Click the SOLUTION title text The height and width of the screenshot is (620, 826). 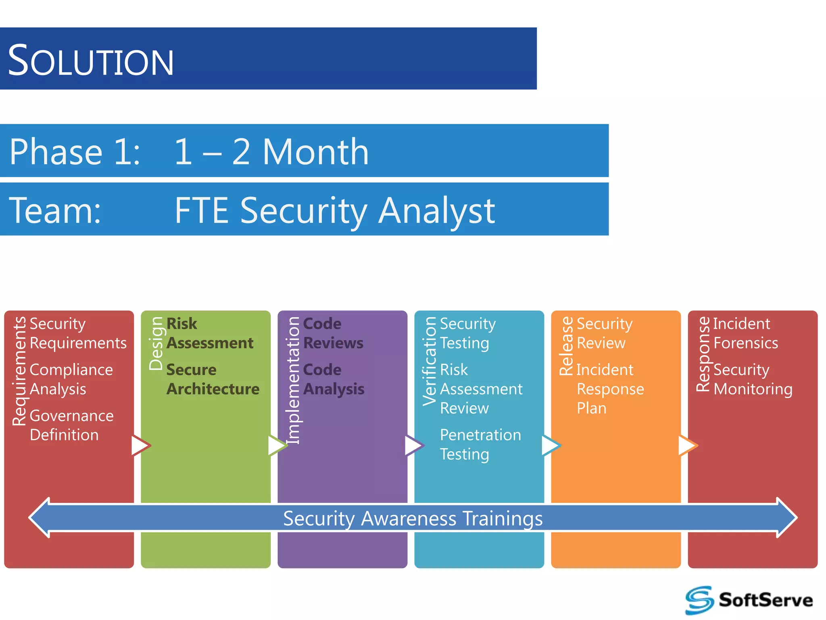tap(91, 61)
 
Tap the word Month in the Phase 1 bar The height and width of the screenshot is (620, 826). tap(315, 152)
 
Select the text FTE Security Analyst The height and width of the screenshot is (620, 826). tap(335, 210)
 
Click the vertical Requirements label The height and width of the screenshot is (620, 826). tap(19, 371)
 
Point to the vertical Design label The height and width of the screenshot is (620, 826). tap(156, 344)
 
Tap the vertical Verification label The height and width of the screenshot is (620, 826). tap(430, 361)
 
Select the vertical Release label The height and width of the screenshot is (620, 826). tap(567, 346)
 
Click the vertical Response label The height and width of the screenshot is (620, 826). tap(703, 354)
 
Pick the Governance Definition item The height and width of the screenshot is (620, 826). tap(71, 425)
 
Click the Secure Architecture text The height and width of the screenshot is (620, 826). tap(213, 379)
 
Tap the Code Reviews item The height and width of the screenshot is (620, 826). tap(333, 333)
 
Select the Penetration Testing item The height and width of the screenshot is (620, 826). tap(480, 444)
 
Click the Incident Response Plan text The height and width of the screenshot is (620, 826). tap(610, 389)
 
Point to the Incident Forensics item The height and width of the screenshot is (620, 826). tap(745, 333)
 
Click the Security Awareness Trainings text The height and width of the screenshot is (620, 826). tap(413, 518)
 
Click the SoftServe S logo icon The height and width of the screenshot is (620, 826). tap(699, 600)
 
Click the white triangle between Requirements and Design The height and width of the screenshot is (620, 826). tap(140, 446)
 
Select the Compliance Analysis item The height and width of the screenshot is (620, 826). tap(71, 379)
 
